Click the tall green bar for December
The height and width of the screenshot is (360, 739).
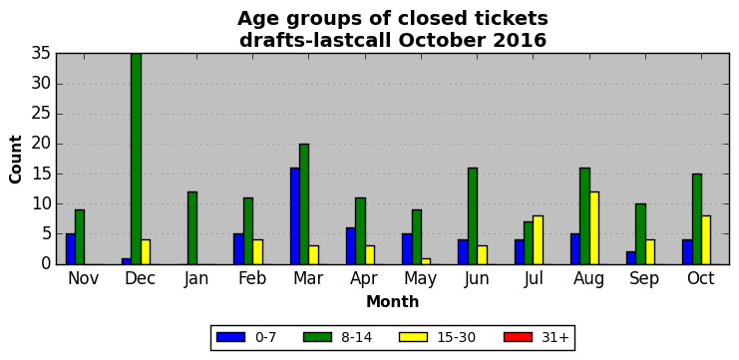coord(136,159)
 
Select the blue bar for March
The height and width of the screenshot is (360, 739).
coord(295,215)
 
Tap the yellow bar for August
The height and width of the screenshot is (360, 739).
coord(593,228)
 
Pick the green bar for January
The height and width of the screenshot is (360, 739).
coord(192,228)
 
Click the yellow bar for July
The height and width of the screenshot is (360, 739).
coord(539,240)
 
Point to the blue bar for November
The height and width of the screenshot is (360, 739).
coord(71,249)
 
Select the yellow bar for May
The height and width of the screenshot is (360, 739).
coord(426,261)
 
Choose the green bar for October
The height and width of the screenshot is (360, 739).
coord(696,219)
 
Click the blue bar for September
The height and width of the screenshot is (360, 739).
coord(631,258)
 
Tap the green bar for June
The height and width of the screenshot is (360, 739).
coord(473,215)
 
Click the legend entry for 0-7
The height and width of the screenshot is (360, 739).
coord(246,337)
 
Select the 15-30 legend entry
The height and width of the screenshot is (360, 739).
coord(438,337)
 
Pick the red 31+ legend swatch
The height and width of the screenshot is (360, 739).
coord(518,337)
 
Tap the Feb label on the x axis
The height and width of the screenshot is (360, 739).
coord(252,278)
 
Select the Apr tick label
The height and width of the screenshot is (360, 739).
coord(364,279)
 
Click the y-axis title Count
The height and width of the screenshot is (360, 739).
coord(16,160)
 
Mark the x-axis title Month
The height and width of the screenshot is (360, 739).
coord(393,301)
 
